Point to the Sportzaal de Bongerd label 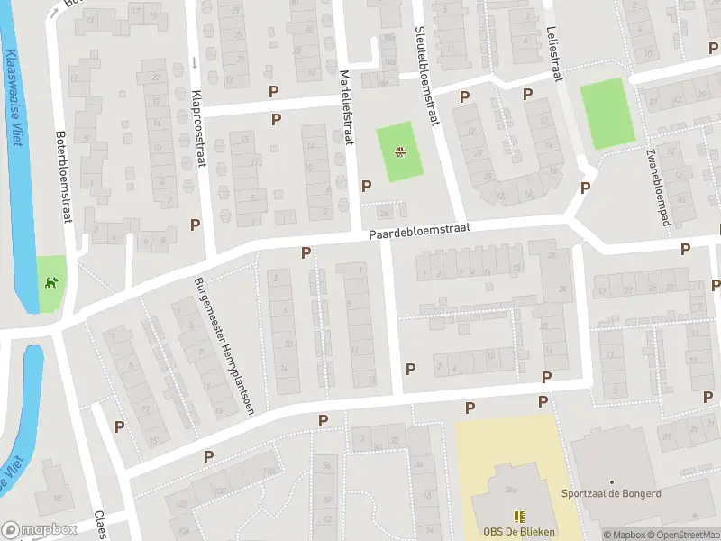[x=612, y=495]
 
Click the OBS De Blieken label [x=518, y=531]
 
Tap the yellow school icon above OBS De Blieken [x=518, y=516]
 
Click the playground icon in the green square [x=399, y=151]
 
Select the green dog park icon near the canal [x=50, y=281]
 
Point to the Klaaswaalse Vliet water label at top [x=13, y=99]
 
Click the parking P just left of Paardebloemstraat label [x=306, y=253]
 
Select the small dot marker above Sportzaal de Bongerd [x=612, y=483]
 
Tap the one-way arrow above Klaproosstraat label [x=194, y=63]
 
